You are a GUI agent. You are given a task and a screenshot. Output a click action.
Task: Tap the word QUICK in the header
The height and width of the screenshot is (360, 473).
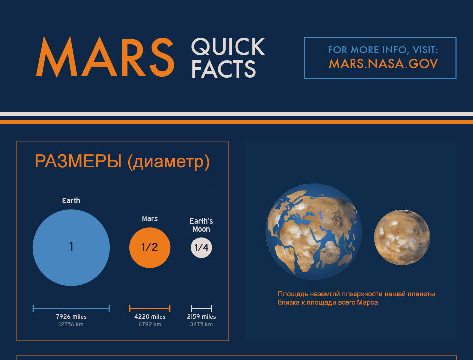click(228, 48)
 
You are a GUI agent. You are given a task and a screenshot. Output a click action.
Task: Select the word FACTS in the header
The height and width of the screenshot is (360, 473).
click(224, 69)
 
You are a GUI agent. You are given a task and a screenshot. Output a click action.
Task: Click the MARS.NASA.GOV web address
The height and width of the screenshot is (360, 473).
click(383, 64)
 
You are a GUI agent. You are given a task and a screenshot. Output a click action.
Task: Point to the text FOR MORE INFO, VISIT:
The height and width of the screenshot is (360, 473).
click(383, 50)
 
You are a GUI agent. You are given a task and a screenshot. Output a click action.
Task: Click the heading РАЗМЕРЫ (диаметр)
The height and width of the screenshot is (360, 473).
click(122, 162)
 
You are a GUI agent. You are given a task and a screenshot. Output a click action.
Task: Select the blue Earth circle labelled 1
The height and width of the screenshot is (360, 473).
click(71, 247)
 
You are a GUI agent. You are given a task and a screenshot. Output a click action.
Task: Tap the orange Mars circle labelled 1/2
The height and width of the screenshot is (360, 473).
click(150, 247)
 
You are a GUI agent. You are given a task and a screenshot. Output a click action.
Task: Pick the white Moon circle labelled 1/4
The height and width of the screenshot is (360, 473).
click(201, 248)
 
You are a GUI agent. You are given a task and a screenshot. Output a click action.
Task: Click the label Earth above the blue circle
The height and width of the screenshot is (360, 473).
click(71, 201)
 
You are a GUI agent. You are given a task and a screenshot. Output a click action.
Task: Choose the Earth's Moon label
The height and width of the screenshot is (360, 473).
click(201, 225)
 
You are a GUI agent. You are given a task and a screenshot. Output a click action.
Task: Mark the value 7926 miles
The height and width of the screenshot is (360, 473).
click(71, 317)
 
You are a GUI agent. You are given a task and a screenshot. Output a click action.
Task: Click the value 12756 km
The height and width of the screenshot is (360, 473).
click(71, 325)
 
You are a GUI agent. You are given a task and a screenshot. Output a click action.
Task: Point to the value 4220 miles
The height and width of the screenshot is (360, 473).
click(150, 317)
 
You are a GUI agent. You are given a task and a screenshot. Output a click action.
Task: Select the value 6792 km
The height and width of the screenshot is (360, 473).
click(150, 325)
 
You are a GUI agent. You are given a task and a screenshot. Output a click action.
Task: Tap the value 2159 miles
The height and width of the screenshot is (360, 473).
click(201, 317)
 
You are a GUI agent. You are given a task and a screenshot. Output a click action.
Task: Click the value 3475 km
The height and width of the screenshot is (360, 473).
click(201, 325)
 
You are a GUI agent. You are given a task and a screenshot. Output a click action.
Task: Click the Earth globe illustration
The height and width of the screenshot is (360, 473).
click(314, 231)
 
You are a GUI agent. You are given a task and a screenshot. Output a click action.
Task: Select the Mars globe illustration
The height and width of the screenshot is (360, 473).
click(402, 238)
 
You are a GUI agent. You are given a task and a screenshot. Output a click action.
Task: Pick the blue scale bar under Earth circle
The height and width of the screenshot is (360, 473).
click(71, 308)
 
